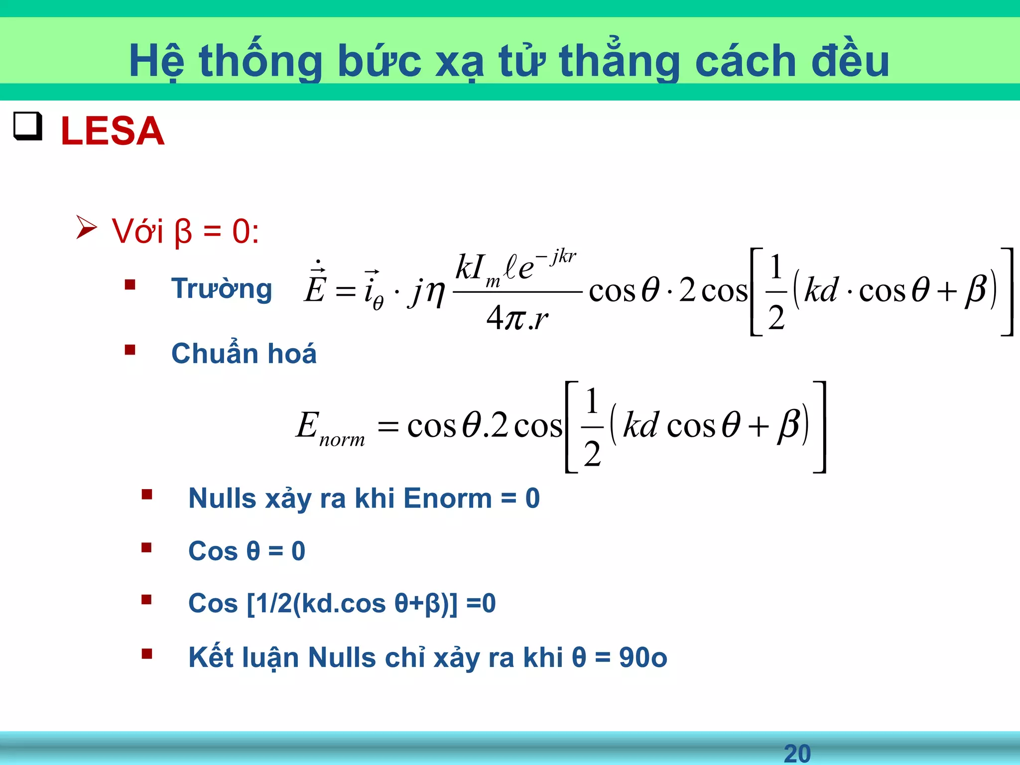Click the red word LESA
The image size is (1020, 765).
click(112, 131)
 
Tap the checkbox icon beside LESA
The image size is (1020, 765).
click(27, 127)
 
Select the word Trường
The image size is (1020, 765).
click(222, 289)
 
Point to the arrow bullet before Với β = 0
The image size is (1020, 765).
click(86, 228)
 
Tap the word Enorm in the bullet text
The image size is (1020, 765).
click(447, 498)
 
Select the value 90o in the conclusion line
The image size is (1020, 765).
click(642, 657)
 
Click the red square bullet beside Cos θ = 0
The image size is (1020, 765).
click(146, 548)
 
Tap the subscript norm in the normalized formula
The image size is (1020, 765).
click(342, 440)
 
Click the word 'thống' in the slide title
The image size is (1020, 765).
click(260, 61)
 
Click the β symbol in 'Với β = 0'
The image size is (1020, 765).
click(183, 232)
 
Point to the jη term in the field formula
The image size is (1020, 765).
click(427, 292)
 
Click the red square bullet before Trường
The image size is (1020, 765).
click(130, 285)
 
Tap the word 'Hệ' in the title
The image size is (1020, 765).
click(156, 61)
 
